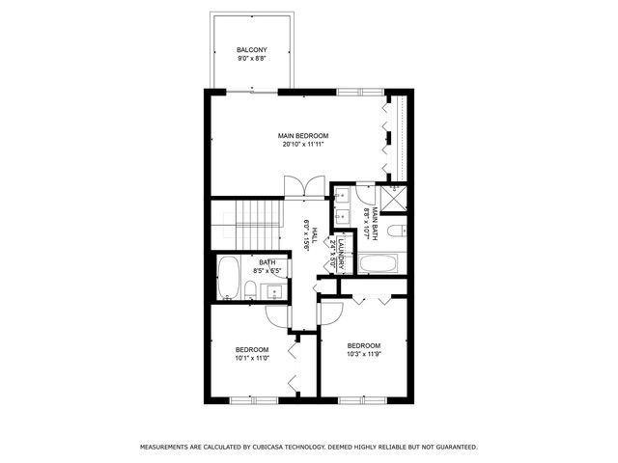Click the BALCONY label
point(252,50)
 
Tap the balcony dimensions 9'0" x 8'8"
point(252,59)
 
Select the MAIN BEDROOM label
point(305,136)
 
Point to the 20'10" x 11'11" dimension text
point(305,146)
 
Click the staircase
point(258,223)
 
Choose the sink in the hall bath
point(274,289)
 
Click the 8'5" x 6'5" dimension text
point(267,271)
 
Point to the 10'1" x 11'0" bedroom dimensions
point(252,359)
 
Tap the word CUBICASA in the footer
point(273,447)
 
